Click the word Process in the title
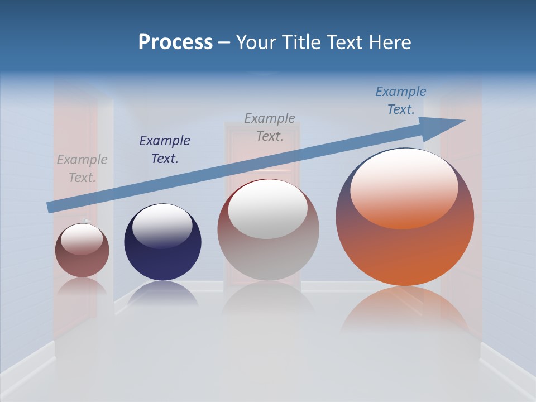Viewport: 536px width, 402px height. tap(175, 42)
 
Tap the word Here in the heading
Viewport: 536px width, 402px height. tap(390, 42)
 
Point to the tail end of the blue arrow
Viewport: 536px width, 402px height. tap(50, 207)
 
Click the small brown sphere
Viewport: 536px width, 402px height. tap(82, 262)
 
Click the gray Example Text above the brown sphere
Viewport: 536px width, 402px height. tap(82, 169)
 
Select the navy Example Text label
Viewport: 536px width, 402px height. tap(165, 150)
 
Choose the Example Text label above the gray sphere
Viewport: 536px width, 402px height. tap(270, 127)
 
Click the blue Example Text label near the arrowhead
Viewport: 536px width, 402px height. tap(401, 100)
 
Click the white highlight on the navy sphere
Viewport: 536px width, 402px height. tap(162, 226)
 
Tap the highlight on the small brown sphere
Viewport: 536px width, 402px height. tap(82, 239)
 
